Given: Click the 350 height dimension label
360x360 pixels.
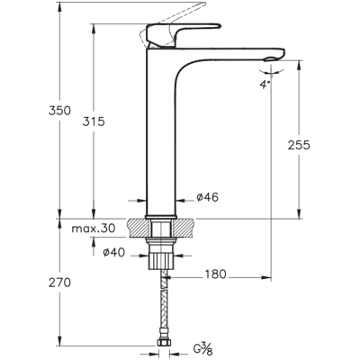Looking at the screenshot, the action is pyautogui.click(x=59, y=111).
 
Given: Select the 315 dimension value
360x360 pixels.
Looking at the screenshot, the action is pyautogui.click(x=94, y=121).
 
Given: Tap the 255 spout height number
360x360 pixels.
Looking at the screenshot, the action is pyautogui.click(x=299, y=145).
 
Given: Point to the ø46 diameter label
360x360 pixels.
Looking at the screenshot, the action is pyautogui.click(x=208, y=197).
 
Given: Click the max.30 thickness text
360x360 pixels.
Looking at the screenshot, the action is pyautogui.click(x=94, y=229).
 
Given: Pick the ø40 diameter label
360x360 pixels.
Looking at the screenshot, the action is pyautogui.click(x=113, y=253).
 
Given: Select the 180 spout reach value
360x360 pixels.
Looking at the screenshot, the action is pyautogui.click(x=215, y=274).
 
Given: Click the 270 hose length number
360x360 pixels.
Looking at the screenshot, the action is pyautogui.click(x=59, y=283).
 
